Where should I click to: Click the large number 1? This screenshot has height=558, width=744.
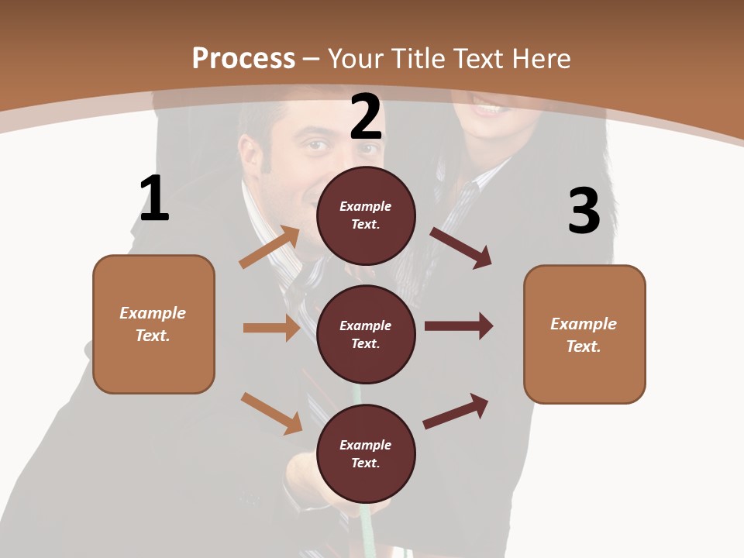pyautogui.click(x=154, y=198)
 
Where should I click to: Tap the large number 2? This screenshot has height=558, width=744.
pyautogui.click(x=366, y=118)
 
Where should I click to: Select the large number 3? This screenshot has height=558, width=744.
pyautogui.click(x=584, y=211)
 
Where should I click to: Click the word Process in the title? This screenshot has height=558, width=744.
pyautogui.click(x=243, y=58)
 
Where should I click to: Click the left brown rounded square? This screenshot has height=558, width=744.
pyautogui.click(x=153, y=324)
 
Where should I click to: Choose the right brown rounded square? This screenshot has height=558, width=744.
pyautogui.click(x=584, y=334)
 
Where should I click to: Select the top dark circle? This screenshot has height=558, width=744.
pyautogui.click(x=366, y=215)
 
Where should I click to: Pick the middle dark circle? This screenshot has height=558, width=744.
pyautogui.click(x=366, y=334)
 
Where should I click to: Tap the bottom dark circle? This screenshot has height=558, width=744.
pyautogui.click(x=366, y=453)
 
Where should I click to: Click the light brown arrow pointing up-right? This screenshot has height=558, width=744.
pyautogui.click(x=269, y=247)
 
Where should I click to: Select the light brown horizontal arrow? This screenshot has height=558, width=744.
pyautogui.click(x=271, y=328)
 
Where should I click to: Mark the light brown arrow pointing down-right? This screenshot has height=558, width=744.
pyautogui.click(x=271, y=413)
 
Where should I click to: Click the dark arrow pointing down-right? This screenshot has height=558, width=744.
pyautogui.click(x=461, y=248)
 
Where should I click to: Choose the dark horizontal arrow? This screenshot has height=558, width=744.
pyautogui.click(x=459, y=325)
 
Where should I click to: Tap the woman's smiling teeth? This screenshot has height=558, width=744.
pyautogui.click(x=487, y=109)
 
